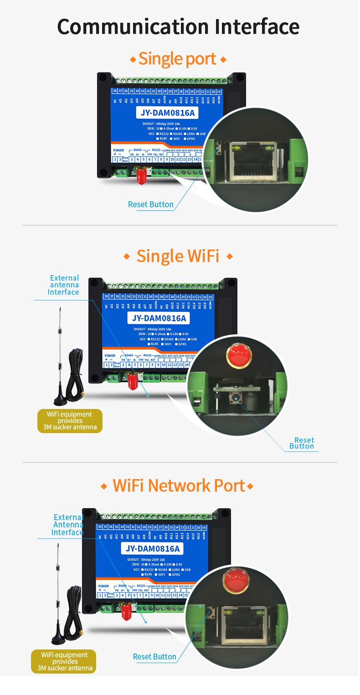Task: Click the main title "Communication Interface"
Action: pos(179,27)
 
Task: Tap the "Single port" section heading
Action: pos(178,59)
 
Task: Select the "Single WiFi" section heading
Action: pos(178,256)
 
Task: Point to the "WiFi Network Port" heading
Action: pos(179,485)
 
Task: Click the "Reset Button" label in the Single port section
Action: pos(150,204)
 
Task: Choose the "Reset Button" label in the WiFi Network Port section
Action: pos(154,656)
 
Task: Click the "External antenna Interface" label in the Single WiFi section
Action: pos(64,285)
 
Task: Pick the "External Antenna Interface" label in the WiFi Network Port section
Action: pos(67,525)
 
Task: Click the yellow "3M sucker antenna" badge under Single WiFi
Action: pos(70,421)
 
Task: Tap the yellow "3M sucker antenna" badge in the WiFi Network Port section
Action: pos(64,661)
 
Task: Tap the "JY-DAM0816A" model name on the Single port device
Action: pos(167,112)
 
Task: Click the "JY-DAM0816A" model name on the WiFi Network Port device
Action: pos(152,549)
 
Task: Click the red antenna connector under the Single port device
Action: pos(141,175)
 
